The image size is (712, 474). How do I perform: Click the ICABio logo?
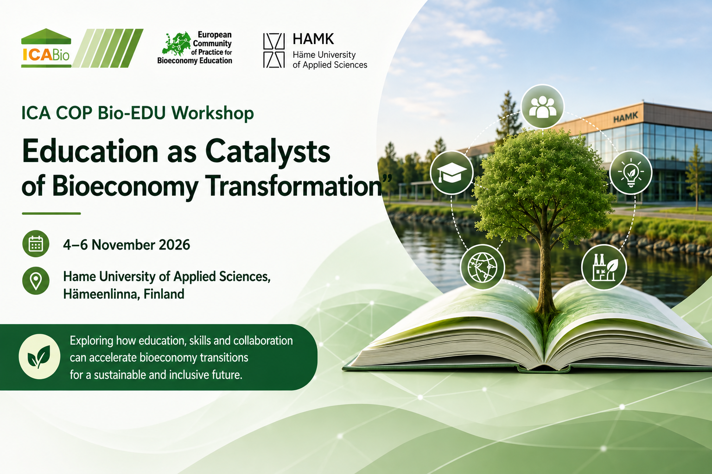(82, 48)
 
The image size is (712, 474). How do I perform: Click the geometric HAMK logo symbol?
(273, 50)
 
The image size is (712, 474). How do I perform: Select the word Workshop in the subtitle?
(213, 113)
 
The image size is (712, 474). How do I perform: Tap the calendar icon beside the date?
(36, 243)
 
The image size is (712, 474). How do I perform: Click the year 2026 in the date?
(174, 245)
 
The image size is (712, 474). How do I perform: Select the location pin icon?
(36, 281)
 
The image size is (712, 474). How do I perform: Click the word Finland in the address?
(164, 294)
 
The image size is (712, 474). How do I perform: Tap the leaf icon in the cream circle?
(39, 356)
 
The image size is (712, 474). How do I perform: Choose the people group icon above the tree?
(543, 106)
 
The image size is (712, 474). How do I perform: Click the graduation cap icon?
(451, 172)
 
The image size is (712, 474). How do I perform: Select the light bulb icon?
(631, 172)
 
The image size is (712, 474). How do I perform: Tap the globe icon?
(483, 267)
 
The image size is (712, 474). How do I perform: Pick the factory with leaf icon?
(604, 268)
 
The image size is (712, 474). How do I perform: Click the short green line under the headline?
(51, 214)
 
